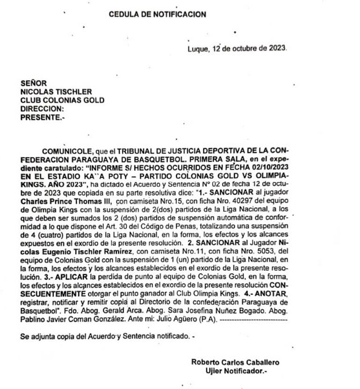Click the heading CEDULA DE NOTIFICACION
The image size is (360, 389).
[x=157, y=14]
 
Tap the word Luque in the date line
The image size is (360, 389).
[x=196, y=48]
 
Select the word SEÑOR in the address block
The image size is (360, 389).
[x=34, y=84]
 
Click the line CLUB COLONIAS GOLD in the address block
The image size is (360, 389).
[x=62, y=100]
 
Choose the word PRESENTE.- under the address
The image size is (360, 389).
[x=43, y=118]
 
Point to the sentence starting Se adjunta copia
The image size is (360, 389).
[x=107, y=336]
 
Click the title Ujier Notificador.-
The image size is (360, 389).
[x=235, y=371]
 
